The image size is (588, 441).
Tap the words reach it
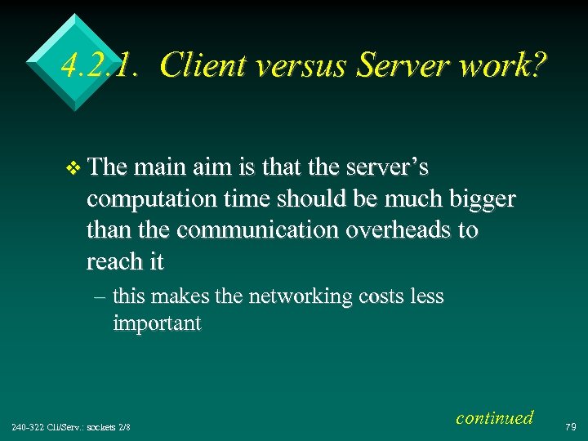pos(125,261)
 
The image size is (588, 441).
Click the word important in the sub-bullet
pos(157,323)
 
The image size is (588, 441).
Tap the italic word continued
pos(494,418)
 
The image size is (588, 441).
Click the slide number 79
pos(570,425)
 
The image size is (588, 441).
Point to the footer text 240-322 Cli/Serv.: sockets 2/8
pos(72,426)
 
